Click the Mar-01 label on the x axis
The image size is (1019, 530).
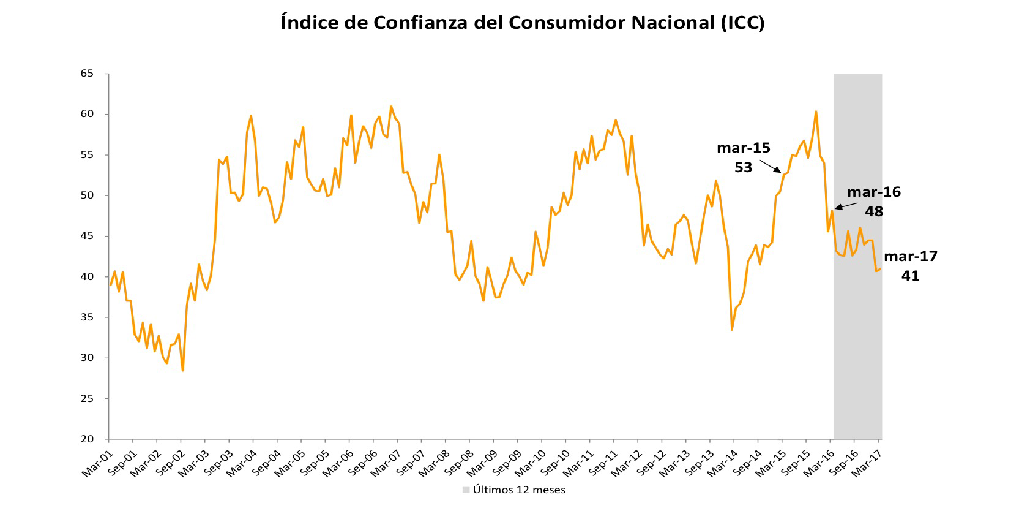coord(97,460)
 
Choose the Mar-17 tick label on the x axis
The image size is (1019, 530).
coord(867,460)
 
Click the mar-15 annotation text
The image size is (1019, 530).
coord(743,148)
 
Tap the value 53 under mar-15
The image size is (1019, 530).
coord(743,167)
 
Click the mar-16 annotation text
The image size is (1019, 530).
coord(873,192)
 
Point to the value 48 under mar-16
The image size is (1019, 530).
coord(873,211)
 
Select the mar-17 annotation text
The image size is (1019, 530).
coord(910,256)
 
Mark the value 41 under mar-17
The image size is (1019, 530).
coord(910,276)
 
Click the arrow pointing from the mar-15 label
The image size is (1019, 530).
coord(771,166)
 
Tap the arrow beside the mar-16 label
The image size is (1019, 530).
coord(843,206)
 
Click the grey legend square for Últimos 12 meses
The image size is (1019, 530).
coord(466,490)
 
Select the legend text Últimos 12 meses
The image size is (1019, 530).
coord(519,490)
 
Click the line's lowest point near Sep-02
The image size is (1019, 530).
coord(182,370)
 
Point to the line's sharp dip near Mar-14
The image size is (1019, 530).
coord(732,330)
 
